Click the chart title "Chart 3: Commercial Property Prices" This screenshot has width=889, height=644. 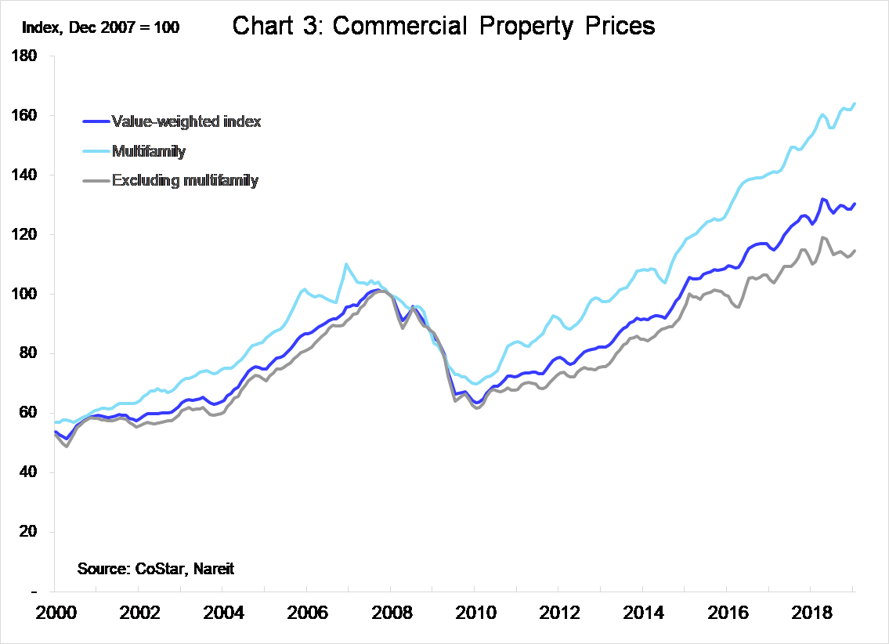443,27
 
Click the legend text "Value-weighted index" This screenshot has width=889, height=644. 186,121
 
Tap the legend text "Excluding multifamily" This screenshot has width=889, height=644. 186,180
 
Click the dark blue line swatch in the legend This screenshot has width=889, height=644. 95,121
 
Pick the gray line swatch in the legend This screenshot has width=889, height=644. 95,181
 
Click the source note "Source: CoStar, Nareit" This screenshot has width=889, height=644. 156,569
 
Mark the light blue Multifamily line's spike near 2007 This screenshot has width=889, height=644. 346,264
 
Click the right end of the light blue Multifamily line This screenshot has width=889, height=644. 854,103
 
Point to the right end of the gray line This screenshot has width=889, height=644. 854,251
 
